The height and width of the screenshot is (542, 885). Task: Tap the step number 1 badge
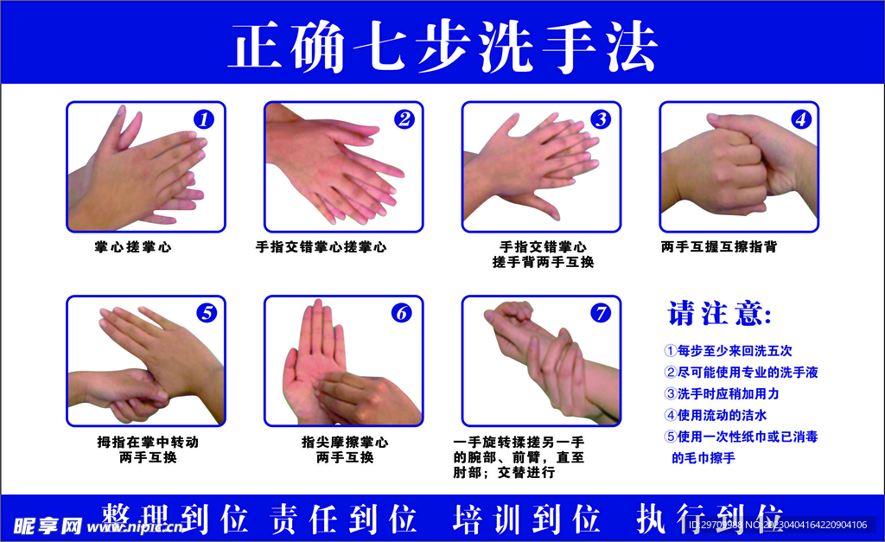pos(203,119)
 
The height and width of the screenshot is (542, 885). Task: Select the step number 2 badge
pos(404,119)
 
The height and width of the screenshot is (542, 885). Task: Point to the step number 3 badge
pos(601,119)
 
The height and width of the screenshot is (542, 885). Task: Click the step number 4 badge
pos(801,119)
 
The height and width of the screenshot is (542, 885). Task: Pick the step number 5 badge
pos(206,313)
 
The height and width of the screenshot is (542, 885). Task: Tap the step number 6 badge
pos(402,313)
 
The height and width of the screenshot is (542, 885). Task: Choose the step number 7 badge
pos(601,313)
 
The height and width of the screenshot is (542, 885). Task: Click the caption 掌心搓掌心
pos(133,247)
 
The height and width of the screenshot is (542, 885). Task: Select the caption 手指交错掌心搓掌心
pos(321,247)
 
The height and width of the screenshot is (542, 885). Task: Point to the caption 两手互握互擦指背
pos(719,247)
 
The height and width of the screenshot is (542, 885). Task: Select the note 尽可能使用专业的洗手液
pos(741,373)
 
